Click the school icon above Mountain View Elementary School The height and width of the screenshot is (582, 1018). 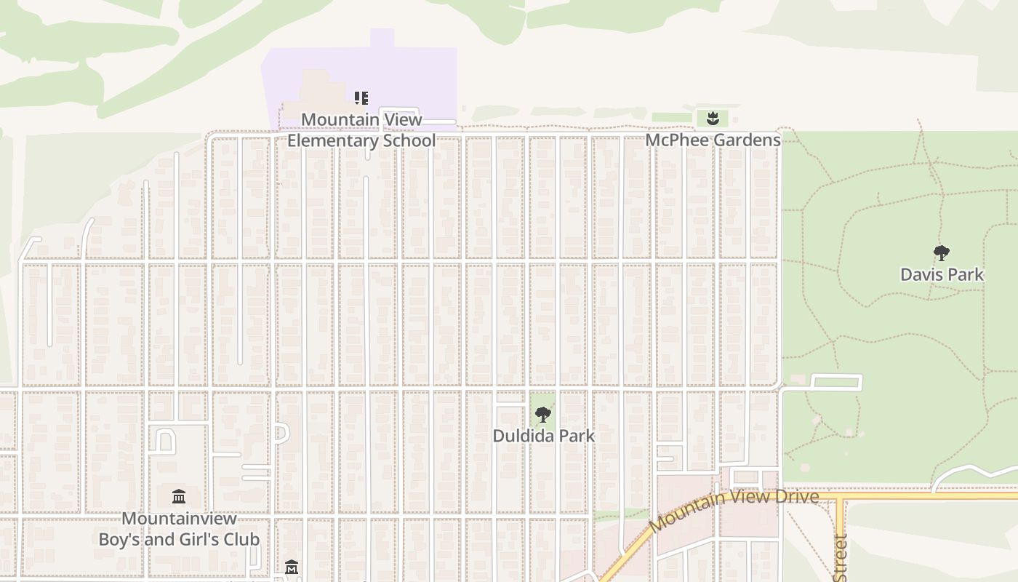coord(361,97)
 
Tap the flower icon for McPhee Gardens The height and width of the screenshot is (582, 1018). coord(713,118)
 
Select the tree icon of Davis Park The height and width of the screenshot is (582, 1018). coord(942,253)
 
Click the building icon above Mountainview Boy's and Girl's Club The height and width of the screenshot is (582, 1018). coord(179,497)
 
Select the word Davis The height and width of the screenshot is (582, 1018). coord(922,274)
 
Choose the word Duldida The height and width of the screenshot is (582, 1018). coord(521,436)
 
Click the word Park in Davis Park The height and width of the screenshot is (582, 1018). coord(965,274)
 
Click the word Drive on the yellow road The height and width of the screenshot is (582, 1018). coord(795,497)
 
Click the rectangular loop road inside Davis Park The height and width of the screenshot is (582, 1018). coord(835,382)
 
